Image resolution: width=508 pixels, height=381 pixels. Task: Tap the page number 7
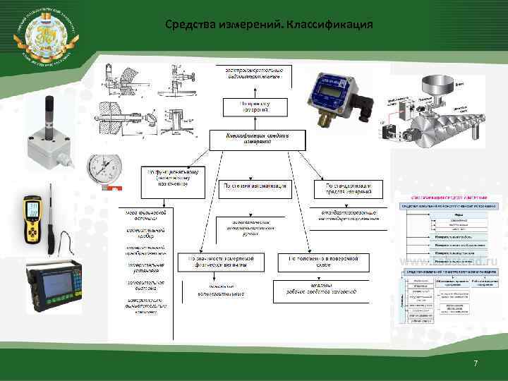[476, 363]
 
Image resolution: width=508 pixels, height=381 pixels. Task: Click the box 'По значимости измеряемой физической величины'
[220, 262]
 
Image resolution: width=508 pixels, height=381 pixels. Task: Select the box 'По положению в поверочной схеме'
[317, 262]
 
